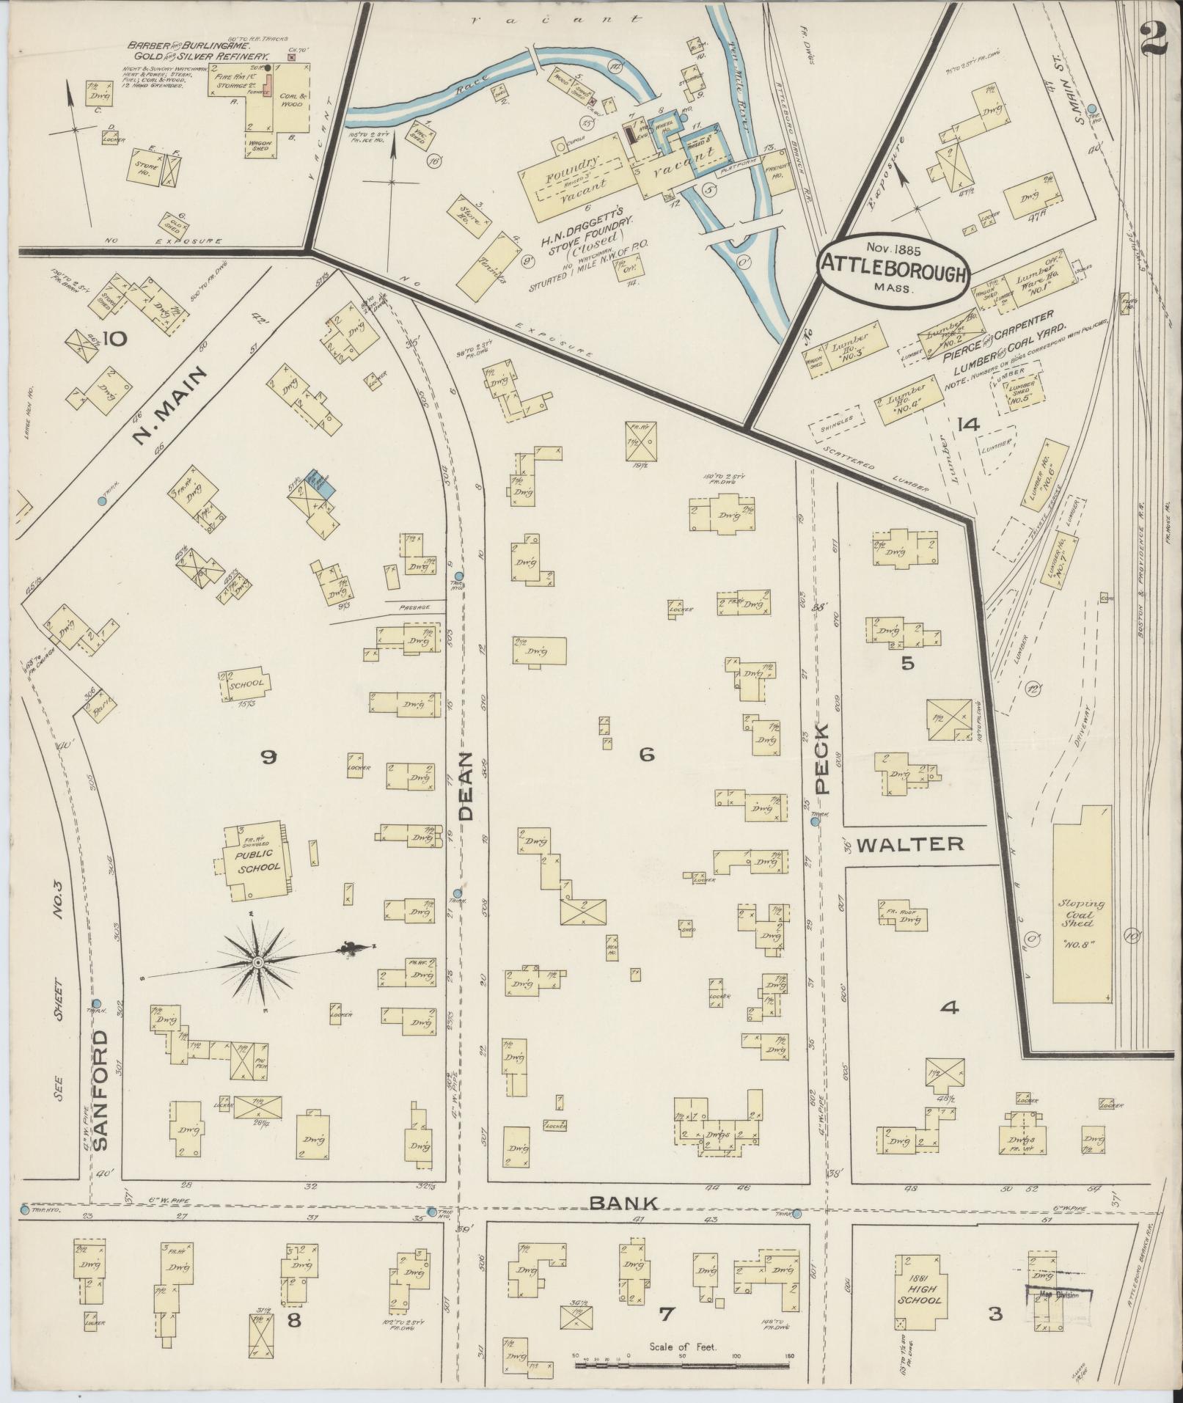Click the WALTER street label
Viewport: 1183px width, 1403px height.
click(x=910, y=844)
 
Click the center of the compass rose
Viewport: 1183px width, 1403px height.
click(x=257, y=961)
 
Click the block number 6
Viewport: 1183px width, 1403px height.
click(x=646, y=755)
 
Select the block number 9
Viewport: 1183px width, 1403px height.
click(x=268, y=758)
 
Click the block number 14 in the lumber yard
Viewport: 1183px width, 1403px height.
click(x=967, y=424)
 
